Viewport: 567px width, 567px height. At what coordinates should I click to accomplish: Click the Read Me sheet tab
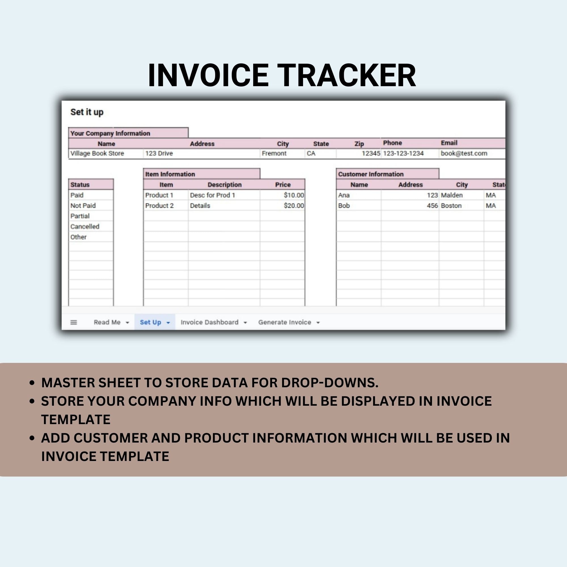[107, 322]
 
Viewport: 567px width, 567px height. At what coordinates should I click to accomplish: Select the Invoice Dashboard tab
[209, 322]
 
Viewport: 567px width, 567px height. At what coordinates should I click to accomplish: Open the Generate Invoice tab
[284, 322]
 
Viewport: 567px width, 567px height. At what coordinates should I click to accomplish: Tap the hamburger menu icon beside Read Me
[74, 322]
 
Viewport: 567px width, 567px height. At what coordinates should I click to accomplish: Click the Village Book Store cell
[97, 153]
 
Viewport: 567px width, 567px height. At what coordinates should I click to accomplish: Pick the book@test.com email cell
[464, 153]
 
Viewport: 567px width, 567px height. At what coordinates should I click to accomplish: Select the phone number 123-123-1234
[403, 153]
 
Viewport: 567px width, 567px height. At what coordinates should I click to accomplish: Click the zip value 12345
[371, 153]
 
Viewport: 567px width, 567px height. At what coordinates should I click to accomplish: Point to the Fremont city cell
[274, 153]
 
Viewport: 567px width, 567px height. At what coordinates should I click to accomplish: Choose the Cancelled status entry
[85, 227]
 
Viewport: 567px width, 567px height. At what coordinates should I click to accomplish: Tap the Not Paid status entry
[83, 206]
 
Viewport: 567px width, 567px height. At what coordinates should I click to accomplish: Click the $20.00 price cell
[293, 206]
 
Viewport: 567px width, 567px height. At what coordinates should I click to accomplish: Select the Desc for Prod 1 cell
[212, 195]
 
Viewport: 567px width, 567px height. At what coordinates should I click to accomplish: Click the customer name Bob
[344, 206]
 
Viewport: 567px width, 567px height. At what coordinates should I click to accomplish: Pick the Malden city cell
[452, 195]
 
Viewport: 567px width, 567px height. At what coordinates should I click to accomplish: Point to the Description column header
[225, 185]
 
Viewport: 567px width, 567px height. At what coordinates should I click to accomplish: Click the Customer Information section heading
[371, 174]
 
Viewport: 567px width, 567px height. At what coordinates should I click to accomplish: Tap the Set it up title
[87, 112]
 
